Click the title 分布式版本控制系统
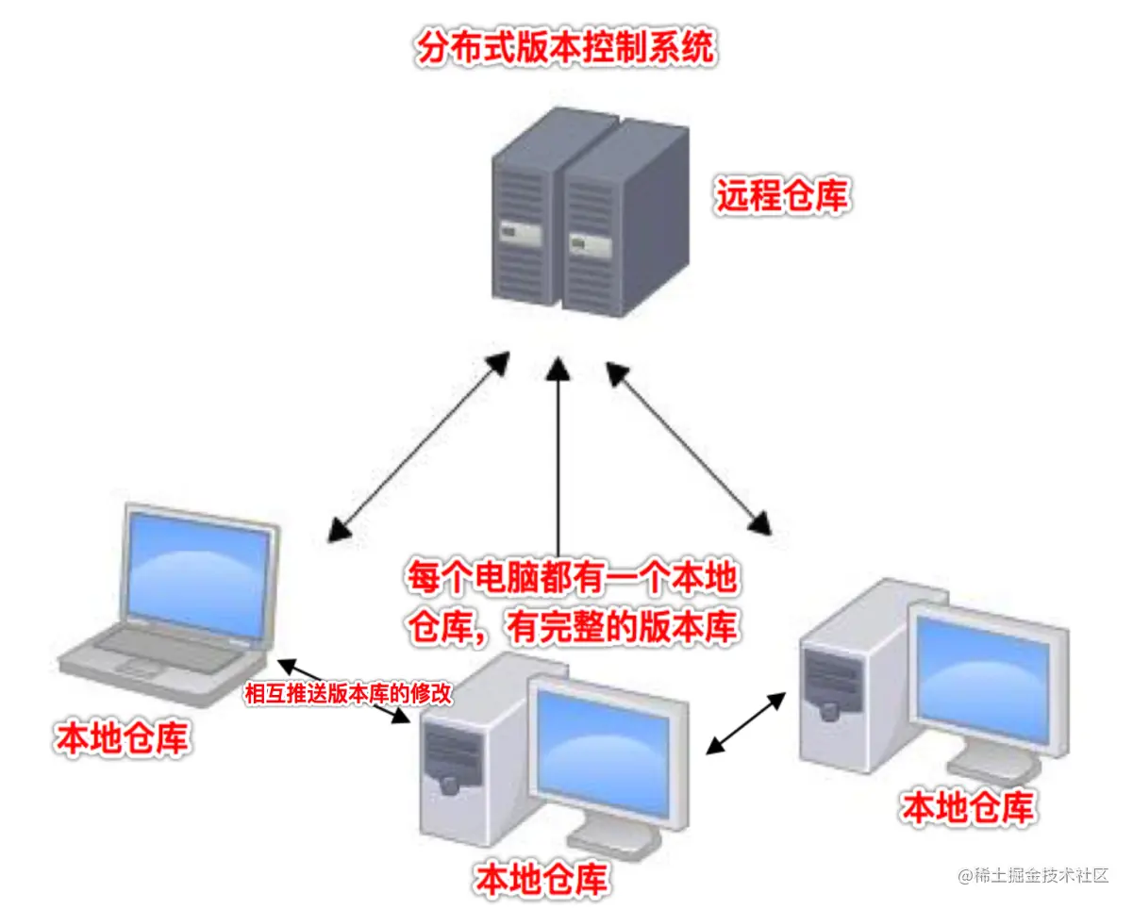pos(565,48)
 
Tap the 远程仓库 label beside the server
pos(782,196)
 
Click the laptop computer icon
pos(170,603)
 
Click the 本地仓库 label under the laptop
pos(122,738)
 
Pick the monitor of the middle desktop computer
pos(604,750)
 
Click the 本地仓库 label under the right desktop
pos(968,807)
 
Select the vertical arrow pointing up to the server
pos(559,453)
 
